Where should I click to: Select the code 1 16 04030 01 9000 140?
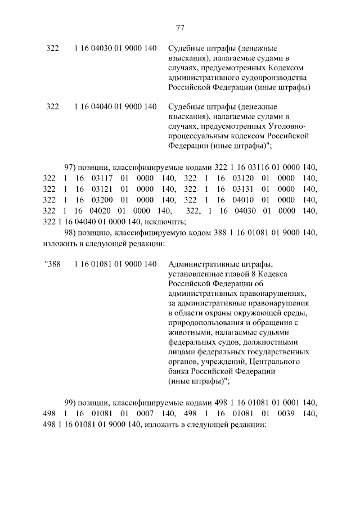click(x=115, y=48)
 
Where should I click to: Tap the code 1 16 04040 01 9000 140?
click(x=115, y=106)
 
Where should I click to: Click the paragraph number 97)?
click(x=70, y=168)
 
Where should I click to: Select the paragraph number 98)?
click(x=70, y=233)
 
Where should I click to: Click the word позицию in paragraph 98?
click(x=94, y=233)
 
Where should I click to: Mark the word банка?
click(x=178, y=371)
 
